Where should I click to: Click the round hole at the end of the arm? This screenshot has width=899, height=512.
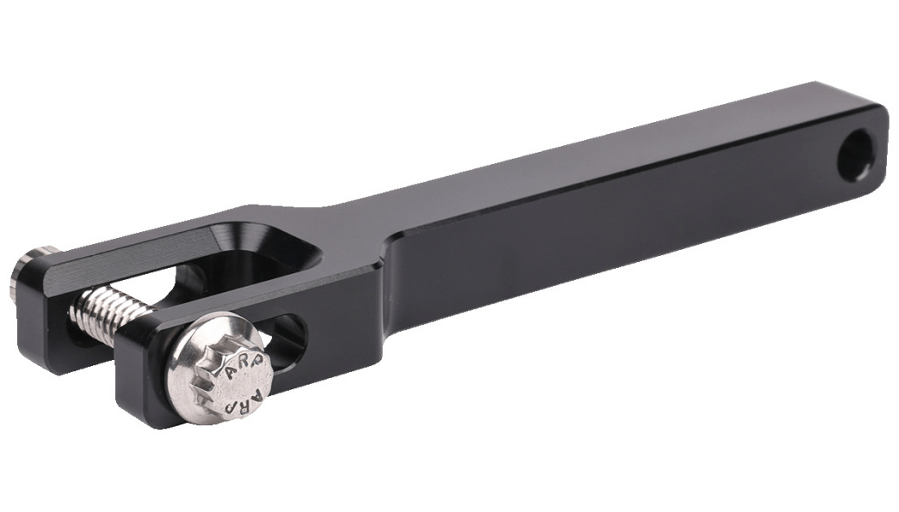855,154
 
